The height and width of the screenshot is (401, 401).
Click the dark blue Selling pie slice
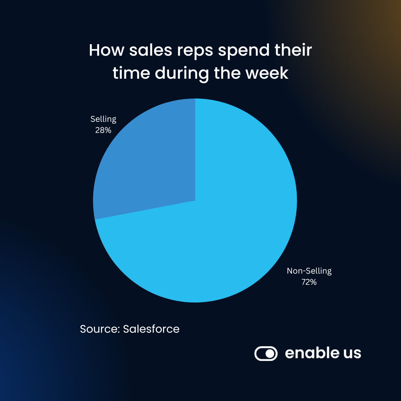click(149, 167)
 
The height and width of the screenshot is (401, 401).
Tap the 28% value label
click(103, 130)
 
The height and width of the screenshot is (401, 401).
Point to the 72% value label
click(309, 282)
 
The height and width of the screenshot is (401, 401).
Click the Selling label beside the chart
click(103, 119)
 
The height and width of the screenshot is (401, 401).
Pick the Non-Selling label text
click(309, 271)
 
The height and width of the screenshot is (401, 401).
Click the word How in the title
click(106, 50)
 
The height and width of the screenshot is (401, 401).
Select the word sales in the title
click(151, 50)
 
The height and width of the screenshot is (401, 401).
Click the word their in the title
click(294, 50)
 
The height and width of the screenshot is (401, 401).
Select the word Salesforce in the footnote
click(151, 329)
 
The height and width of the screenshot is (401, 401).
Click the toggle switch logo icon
click(266, 353)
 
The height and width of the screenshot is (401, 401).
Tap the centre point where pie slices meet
click(195, 200)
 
